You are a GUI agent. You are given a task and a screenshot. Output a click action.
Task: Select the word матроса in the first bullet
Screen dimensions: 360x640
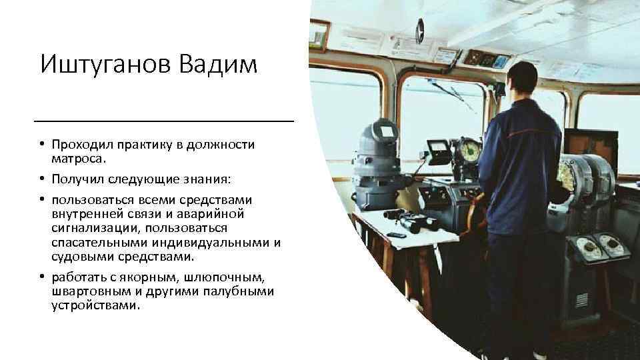pos(82,160)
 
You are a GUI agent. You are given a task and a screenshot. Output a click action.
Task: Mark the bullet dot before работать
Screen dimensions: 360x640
pos(41,278)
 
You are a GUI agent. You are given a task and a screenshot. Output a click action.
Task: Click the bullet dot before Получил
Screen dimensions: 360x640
pos(41,181)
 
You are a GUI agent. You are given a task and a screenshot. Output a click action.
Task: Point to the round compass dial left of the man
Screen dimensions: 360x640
pos(468,149)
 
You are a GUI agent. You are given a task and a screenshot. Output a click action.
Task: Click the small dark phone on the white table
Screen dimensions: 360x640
pos(398,235)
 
